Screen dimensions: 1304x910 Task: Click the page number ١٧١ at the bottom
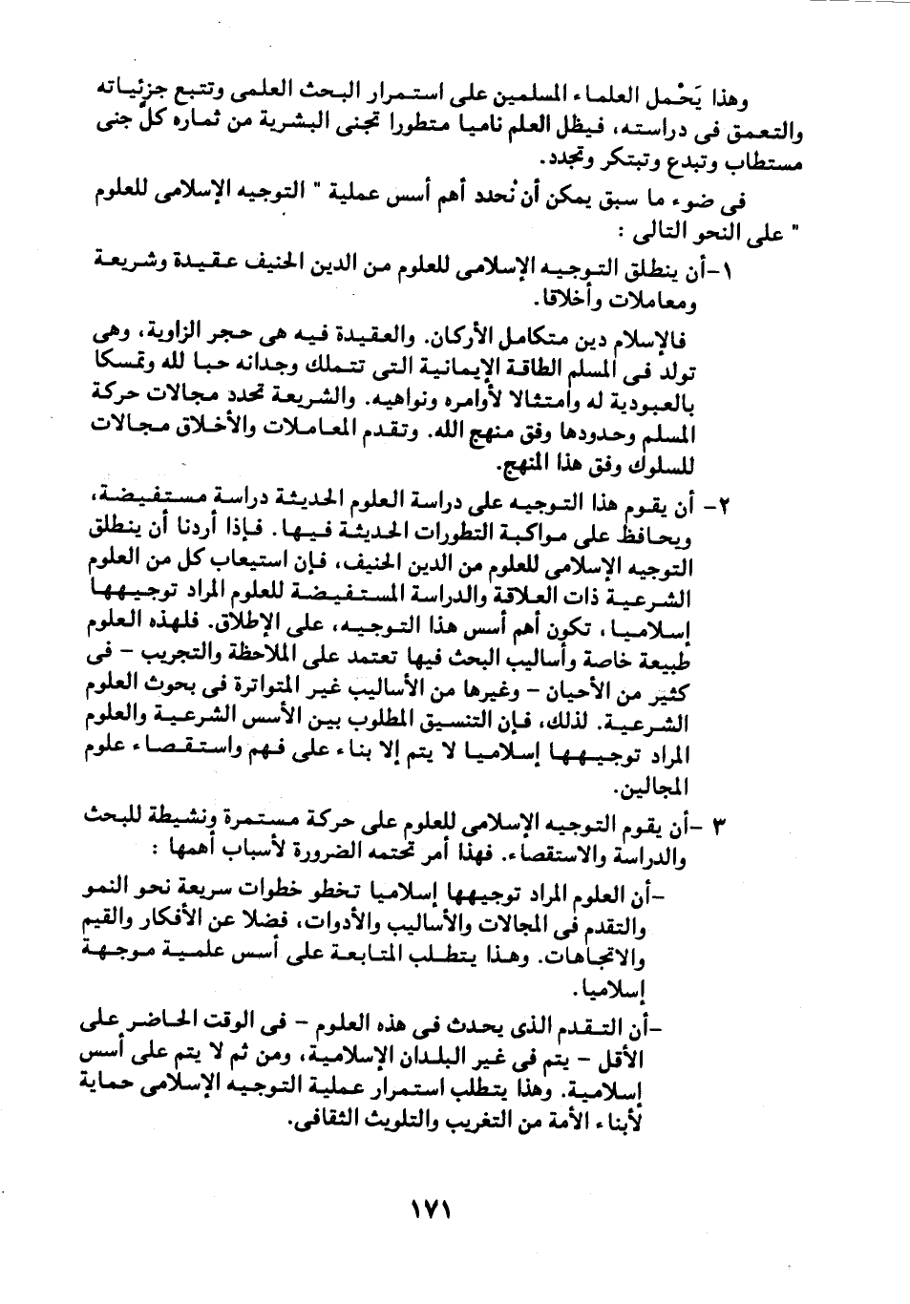pos(430,1209)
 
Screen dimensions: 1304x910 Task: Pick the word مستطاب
pos(763,159)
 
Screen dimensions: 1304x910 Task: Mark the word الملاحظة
pos(257,657)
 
